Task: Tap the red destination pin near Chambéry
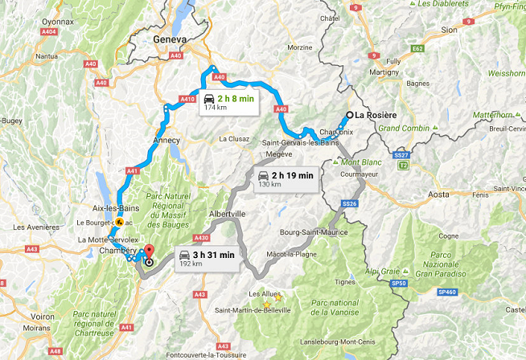[x=148, y=255]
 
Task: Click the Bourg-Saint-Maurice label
[x=314, y=232]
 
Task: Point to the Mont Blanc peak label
[x=360, y=162]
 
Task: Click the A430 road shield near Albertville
[x=200, y=238]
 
